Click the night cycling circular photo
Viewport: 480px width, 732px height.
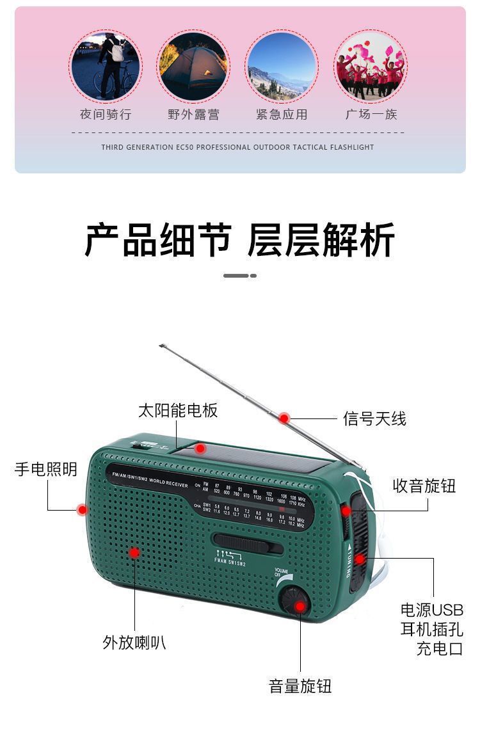pyautogui.click(x=105, y=66)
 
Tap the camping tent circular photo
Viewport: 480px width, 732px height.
pyautogui.click(x=193, y=66)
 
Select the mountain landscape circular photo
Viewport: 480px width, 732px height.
pyautogui.click(x=282, y=66)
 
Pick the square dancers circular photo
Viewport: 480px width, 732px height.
pyautogui.click(x=370, y=66)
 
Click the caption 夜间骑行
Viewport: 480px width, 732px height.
pyautogui.click(x=106, y=115)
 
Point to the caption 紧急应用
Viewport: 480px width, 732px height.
pyautogui.click(x=282, y=115)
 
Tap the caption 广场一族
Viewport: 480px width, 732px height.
pyautogui.click(x=371, y=115)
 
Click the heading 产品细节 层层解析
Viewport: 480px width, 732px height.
pyautogui.click(x=240, y=241)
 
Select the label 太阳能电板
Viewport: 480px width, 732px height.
pyautogui.click(x=178, y=410)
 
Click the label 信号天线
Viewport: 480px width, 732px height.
pyautogui.click(x=374, y=419)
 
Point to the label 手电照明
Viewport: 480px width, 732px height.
pyautogui.click(x=46, y=469)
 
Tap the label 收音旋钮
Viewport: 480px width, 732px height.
pyautogui.click(x=424, y=486)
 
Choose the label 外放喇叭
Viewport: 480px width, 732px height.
pyautogui.click(x=134, y=642)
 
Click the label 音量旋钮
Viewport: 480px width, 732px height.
pyautogui.click(x=300, y=687)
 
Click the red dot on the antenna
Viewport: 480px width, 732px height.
pyautogui.click(x=284, y=418)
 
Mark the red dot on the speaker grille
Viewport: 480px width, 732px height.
pyautogui.click(x=134, y=552)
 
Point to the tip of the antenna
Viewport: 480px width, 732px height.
pyautogui.click(x=161, y=346)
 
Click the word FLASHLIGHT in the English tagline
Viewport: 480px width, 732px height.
pyautogui.click(x=352, y=147)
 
